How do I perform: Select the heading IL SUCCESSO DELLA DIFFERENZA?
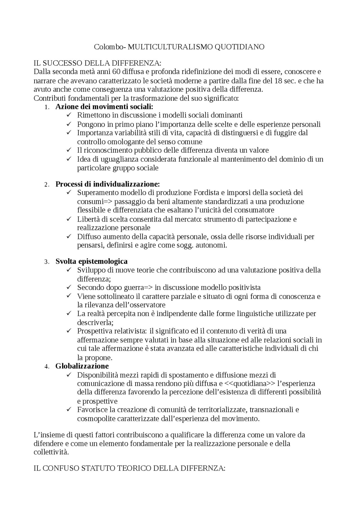(x=98, y=63)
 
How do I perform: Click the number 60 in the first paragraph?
(x=116, y=71)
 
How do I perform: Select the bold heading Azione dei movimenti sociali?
(x=104, y=107)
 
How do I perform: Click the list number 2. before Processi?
(x=47, y=185)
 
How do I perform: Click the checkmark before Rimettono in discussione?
(x=69, y=115)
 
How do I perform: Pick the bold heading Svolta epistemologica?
(x=91, y=261)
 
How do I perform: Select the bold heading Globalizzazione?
(x=82, y=366)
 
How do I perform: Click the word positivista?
(x=244, y=287)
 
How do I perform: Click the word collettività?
(x=51, y=452)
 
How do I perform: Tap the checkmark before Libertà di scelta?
(x=69, y=219)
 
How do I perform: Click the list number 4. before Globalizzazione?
(x=47, y=367)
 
